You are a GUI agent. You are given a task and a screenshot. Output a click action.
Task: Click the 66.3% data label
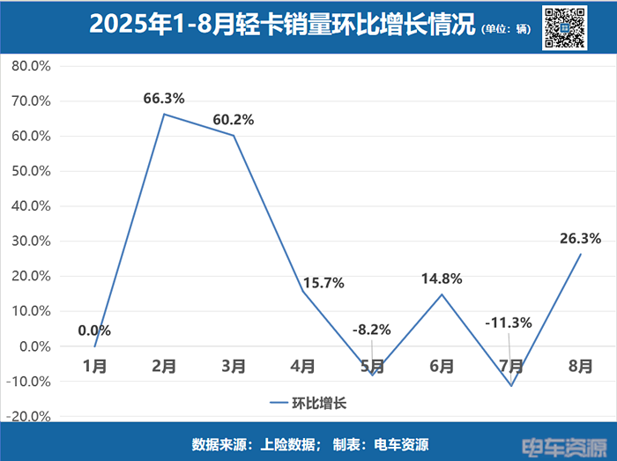tap(164, 99)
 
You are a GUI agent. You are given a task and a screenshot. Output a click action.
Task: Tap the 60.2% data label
tap(233, 120)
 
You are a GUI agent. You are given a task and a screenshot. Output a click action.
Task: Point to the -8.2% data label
tap(372, 331)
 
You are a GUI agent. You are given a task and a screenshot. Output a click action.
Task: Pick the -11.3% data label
tap(509, 323)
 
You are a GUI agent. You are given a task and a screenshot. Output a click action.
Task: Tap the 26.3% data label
tap(580, 238)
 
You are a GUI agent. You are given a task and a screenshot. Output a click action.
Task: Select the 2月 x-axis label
tap(164, 365)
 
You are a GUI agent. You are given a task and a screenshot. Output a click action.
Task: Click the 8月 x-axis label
tap(580, 365)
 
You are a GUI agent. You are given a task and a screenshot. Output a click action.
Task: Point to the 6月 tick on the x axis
tap(442, 365)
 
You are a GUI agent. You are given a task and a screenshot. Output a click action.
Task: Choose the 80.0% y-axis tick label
tap(32, 66)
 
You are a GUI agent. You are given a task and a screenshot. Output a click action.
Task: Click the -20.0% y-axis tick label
tap(30, 416)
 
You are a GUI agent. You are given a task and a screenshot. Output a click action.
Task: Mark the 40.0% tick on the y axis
tap(32, 206)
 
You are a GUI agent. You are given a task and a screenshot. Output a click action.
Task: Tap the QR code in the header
tap(565, 26)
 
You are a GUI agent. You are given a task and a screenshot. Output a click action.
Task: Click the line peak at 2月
tap(164, 114)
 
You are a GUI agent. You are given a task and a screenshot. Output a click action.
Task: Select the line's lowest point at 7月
tap(510, 385)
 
